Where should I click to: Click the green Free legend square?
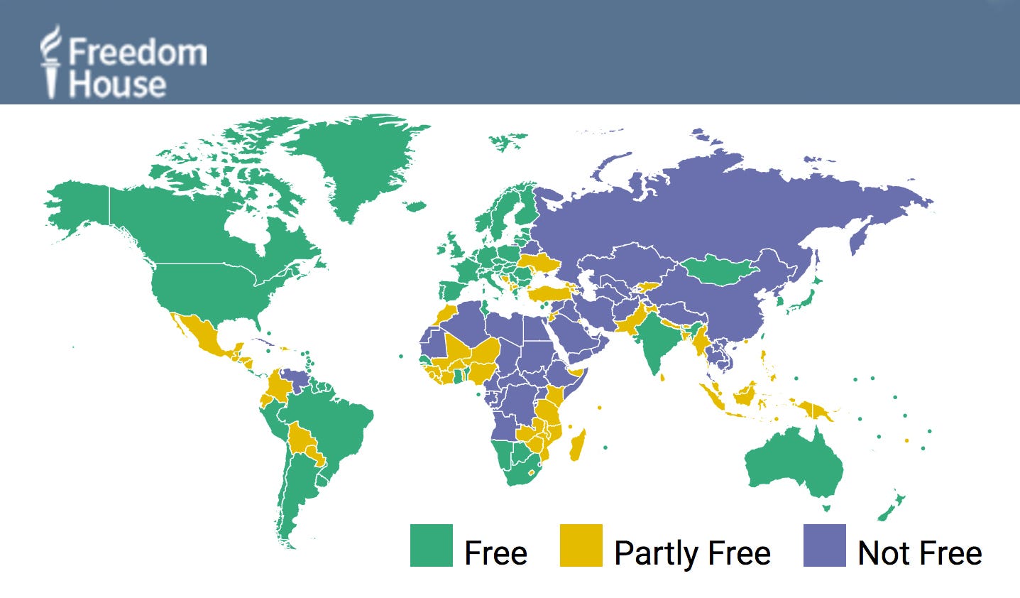coord(431,545)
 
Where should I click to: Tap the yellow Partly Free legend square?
coord(581,545)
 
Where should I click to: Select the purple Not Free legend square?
coord(824,545)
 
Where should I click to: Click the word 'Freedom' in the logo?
coord(138,53)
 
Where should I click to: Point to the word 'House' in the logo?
coord(117,85)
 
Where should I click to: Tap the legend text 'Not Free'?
coord(919,553)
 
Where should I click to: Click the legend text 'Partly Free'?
coord(692,553)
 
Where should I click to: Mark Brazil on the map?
coord(334,426)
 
